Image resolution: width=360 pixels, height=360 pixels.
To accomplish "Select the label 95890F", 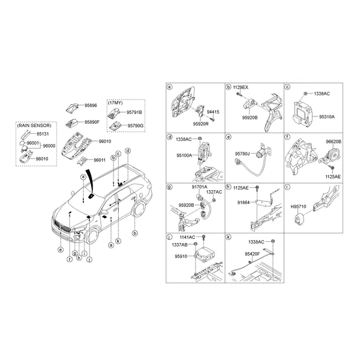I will coord(92,122).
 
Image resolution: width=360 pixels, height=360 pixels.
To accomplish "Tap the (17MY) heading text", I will coord(115,103).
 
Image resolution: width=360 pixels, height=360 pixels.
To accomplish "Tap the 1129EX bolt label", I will coord(241,88).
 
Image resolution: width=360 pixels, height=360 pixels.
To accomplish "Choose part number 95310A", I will coord(327,117).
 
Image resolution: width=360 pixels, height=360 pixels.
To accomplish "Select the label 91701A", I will coord(200,187).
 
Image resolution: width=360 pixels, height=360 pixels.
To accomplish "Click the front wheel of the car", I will coord(92,235).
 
